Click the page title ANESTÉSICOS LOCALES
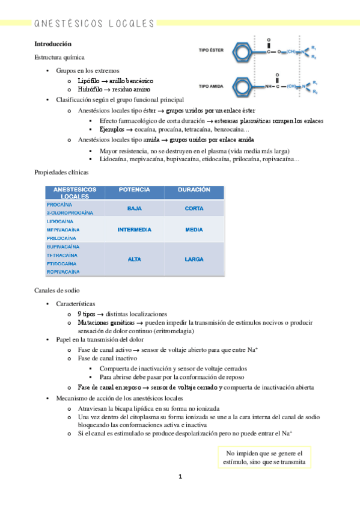pos(94,23)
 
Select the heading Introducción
pos(53,44)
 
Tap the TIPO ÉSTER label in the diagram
pos(212,51)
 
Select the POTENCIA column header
pos(134,189)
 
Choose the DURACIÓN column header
pos(194,189)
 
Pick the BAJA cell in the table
pos(134,208)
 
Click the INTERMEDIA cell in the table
pos(134,230)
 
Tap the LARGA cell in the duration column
pos(194,259)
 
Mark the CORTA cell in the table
pos(194,208)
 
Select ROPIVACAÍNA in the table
pos(63,272)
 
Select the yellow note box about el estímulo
pos(265,458)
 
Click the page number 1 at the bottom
pos(180,477)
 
